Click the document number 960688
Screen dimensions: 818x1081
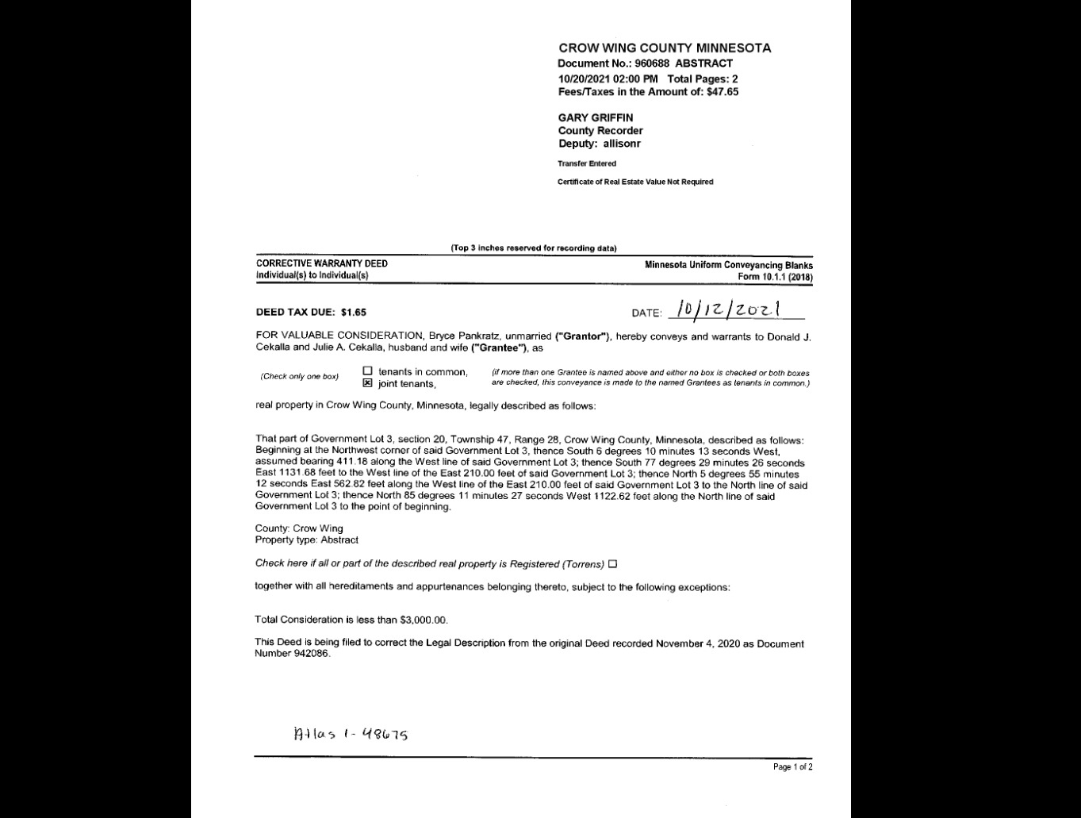tap(653, 63)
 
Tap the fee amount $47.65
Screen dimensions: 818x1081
tap(723, 92)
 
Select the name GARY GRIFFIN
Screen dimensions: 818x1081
tap(595, 117)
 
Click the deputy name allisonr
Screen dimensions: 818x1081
tap(622, 144)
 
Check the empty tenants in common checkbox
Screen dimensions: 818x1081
tap(367, 371)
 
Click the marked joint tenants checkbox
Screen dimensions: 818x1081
tap(367, 382)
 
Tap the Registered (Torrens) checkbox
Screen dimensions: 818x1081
tap(612, 564)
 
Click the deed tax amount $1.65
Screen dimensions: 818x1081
tap(354, 313)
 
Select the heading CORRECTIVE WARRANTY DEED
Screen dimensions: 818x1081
tap(321, 263)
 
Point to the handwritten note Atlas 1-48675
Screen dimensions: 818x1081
tap(351, 734)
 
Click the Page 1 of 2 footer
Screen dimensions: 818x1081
tap(793, 767)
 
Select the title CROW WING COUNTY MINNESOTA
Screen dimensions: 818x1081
tap(665, 48)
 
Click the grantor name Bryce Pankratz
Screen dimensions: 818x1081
tap(464, 336)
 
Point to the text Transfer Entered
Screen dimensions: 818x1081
tap(587, 163)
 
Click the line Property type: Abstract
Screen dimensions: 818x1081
tap(306, 540)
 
